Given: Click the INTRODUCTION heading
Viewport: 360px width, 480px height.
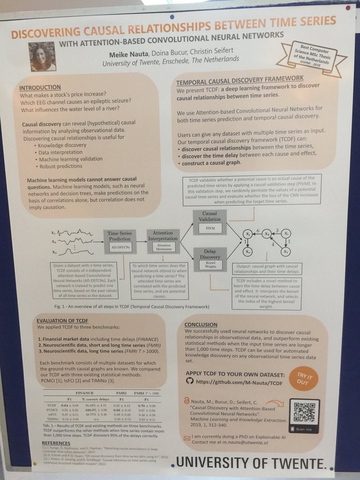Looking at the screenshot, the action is (x=40, y=88).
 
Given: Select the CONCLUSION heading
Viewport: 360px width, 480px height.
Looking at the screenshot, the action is (x=201, y=324).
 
